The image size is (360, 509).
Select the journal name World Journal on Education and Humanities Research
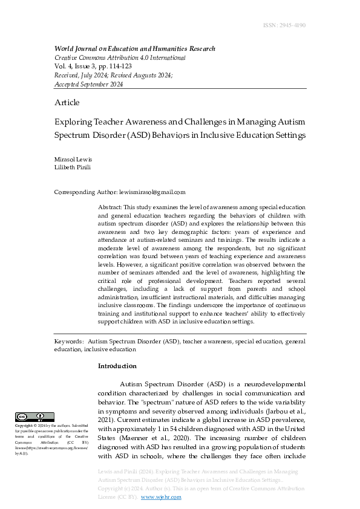coord(134,49)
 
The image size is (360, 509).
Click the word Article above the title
coord(67,103)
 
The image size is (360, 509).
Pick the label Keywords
coord(69,342)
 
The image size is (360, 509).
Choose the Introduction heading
coord(117,366)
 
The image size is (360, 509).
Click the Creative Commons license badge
coord(35,417)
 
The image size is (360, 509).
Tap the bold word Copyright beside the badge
coord(25,426)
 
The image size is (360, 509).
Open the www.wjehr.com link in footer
coord(161,497)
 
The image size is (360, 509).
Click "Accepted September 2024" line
coord(89,84)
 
